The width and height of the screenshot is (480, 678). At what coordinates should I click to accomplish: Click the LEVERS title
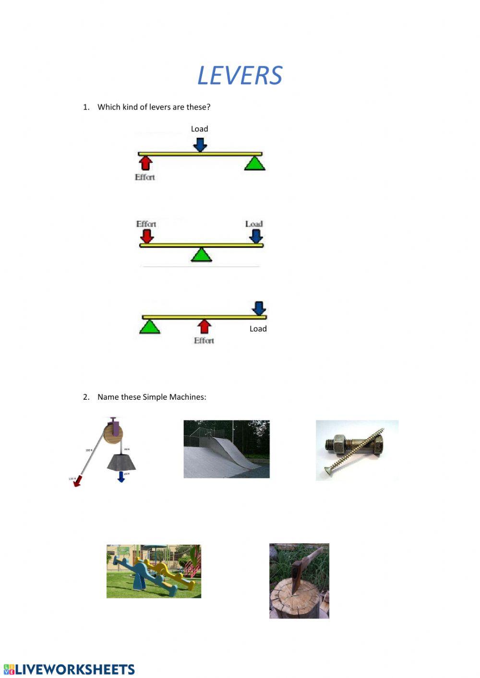(x=240, y=76)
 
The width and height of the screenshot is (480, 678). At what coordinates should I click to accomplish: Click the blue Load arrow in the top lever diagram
(x=200, y=144)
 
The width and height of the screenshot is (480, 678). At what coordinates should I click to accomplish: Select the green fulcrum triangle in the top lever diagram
(x=254, y=164)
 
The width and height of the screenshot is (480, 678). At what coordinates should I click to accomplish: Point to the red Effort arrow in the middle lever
(x=147, y=236)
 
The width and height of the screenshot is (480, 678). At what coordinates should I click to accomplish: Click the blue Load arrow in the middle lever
(x=256, y=236)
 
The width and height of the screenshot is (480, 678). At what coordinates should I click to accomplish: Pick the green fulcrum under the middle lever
(x=202, y=255)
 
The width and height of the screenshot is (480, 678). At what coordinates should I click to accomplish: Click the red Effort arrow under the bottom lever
(x=204, y=326)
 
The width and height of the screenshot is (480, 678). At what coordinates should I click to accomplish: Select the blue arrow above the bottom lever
(x=259, y=308)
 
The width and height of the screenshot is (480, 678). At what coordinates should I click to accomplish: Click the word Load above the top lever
(x=199, y=129)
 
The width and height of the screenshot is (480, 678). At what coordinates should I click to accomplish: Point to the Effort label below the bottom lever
(x=204, y=341)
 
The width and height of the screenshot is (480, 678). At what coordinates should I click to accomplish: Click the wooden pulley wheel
(x=113, y=433)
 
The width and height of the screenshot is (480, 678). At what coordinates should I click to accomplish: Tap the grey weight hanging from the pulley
(x=121, y=462)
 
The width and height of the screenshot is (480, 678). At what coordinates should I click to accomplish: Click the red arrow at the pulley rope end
(x=77, y=481)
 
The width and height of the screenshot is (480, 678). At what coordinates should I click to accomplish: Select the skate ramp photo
(x=227, y=449)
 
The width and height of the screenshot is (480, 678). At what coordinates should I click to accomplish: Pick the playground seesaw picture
(x=154, y=571)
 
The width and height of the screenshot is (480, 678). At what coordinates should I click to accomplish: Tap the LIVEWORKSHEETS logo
(x=70, y=669)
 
